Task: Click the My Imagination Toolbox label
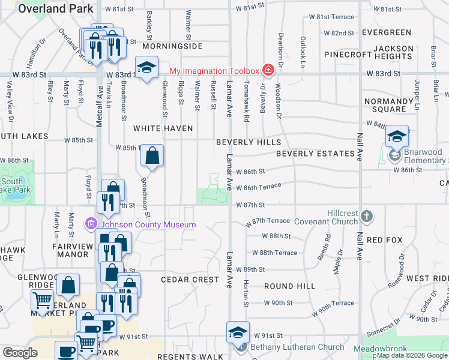click(214, 71)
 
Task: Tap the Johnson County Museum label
click(148, 225)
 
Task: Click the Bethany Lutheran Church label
click(297, 347)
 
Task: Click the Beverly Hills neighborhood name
click(249, 142)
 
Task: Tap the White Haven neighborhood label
click(163, 128)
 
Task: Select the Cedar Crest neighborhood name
click(190, 280)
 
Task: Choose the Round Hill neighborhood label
click(289, 286)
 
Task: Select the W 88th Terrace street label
click(275, 253)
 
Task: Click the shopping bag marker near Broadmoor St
click(152, 156)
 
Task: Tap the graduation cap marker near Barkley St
click(146, 68)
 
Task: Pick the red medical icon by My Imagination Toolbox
click(268, 71)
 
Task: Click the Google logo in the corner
click(20, 353)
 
